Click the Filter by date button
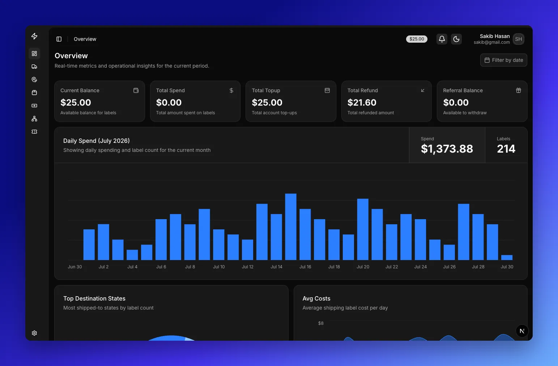point(503,60)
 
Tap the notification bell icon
point(442,39)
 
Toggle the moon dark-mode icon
point(456,39)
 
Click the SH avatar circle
point(518,39)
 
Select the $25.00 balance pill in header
point(417,39)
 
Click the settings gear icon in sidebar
point(34,333)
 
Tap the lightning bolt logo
point(34,36)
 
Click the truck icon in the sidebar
point(34,67)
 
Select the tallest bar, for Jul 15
point(291,227)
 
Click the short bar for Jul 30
point(507,258)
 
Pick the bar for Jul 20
point(363,229)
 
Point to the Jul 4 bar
point(132,255)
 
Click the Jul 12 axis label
point(248,267)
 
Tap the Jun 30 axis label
point(75,267)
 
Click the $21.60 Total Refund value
point(362,102)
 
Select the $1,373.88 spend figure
point(447,149)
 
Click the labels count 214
point(506,149)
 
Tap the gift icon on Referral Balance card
point(518,90)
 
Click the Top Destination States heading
point(94,298)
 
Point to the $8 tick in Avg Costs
point(321,323)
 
